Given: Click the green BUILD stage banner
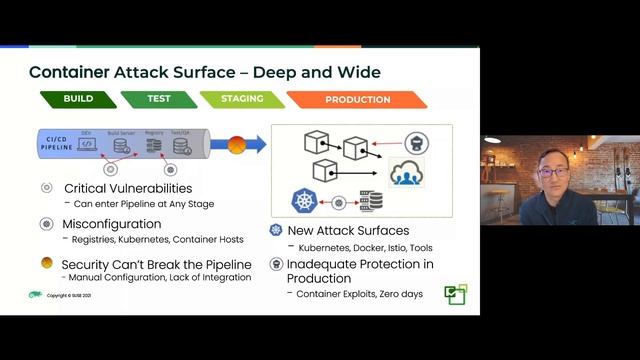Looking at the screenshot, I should tap(78, 100).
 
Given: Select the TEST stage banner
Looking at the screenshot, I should tap(159, 100).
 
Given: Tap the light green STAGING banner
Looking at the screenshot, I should tap(241, 100).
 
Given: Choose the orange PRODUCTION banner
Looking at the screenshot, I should tap(357, 100).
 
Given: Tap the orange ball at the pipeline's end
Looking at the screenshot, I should tap(210, 144).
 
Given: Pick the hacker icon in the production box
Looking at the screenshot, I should tap(417, 141).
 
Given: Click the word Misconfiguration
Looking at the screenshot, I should tap(112, 224).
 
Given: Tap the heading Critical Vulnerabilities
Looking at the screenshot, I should tap(128, 188).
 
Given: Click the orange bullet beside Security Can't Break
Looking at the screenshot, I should tap(47, 263).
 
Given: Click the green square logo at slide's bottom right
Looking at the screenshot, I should tap(456, 294).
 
